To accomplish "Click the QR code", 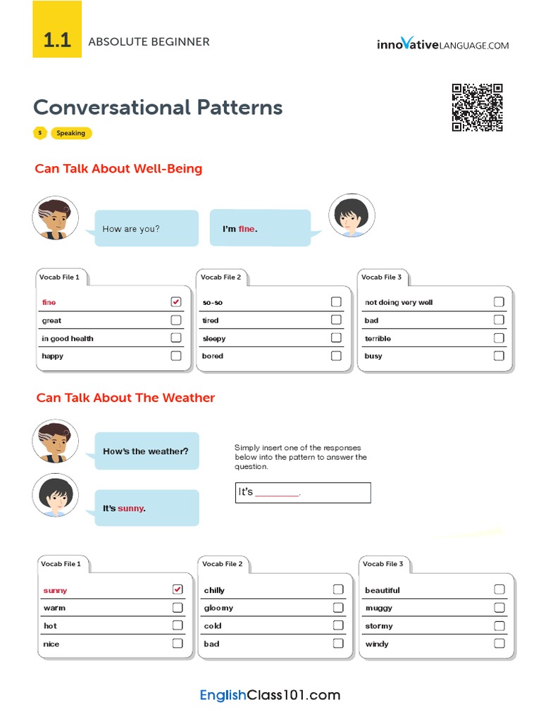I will point(477,108).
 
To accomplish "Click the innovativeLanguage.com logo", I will point(442,44).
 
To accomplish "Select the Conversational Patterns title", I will point(158,108).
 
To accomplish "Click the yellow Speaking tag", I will point(70,133).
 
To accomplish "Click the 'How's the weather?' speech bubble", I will point(146,451).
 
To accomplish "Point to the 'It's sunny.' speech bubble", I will point(146,508).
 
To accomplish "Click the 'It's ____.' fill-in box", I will point(302,492).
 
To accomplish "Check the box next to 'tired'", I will point(336,320).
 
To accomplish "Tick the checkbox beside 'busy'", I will point(499,356).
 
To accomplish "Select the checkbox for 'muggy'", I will point(499,608).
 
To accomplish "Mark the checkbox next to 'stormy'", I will point(499,625).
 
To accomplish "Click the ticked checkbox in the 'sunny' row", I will point(178,589).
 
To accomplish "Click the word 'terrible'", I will point(378,339).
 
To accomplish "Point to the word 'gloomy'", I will point(218,608).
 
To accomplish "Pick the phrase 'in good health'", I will point(68,339).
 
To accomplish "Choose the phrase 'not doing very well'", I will point(399,303).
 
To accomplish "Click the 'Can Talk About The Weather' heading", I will point(125,398).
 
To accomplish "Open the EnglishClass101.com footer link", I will point(270,696).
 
